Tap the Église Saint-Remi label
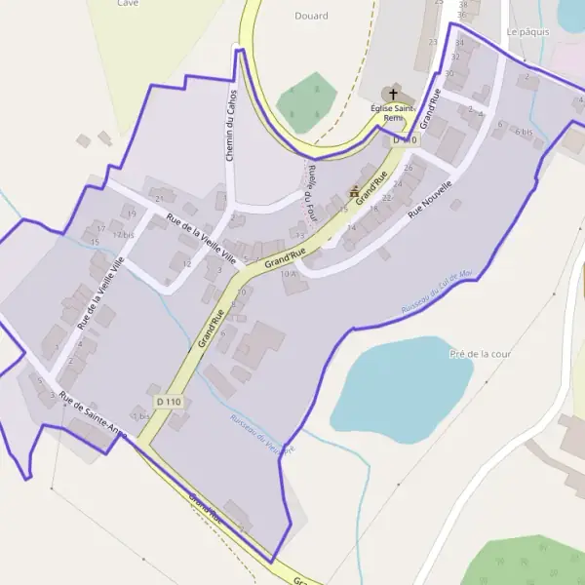(393, 113)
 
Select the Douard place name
(311, 16)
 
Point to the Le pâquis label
(528, 32)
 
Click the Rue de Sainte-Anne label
(93, 413)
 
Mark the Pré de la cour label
(481, 354)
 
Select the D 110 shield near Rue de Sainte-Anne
(168, 402)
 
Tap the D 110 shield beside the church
(404, 140)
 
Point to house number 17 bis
(123, 235)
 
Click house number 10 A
(288, 274)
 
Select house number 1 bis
(142, 416)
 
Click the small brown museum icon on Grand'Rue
(354, 192)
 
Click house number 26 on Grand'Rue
(409, 168)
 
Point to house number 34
(459, 43)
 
